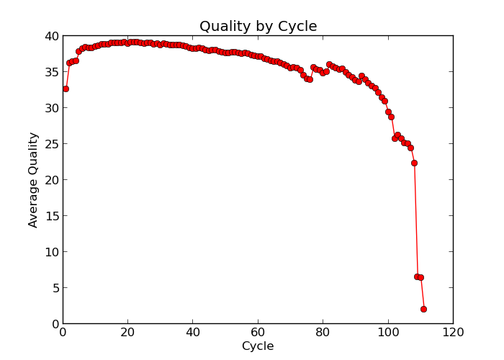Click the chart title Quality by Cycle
[x=258, y=27]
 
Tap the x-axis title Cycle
[x=258, y=346]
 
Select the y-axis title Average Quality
[x=33, y=180]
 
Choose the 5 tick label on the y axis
[x=54, y=288]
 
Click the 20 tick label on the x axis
[x=127, y=333]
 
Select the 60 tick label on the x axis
[x=258, y=333]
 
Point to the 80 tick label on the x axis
[x=323, y=333]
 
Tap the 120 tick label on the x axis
[x=453, y=333]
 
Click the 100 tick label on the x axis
[x=388, y=333]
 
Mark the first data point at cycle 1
[x=66, y=89]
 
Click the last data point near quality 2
[x=423, y=309]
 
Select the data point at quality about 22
[x=414, y=163]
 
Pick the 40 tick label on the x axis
[x=193, y=333]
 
